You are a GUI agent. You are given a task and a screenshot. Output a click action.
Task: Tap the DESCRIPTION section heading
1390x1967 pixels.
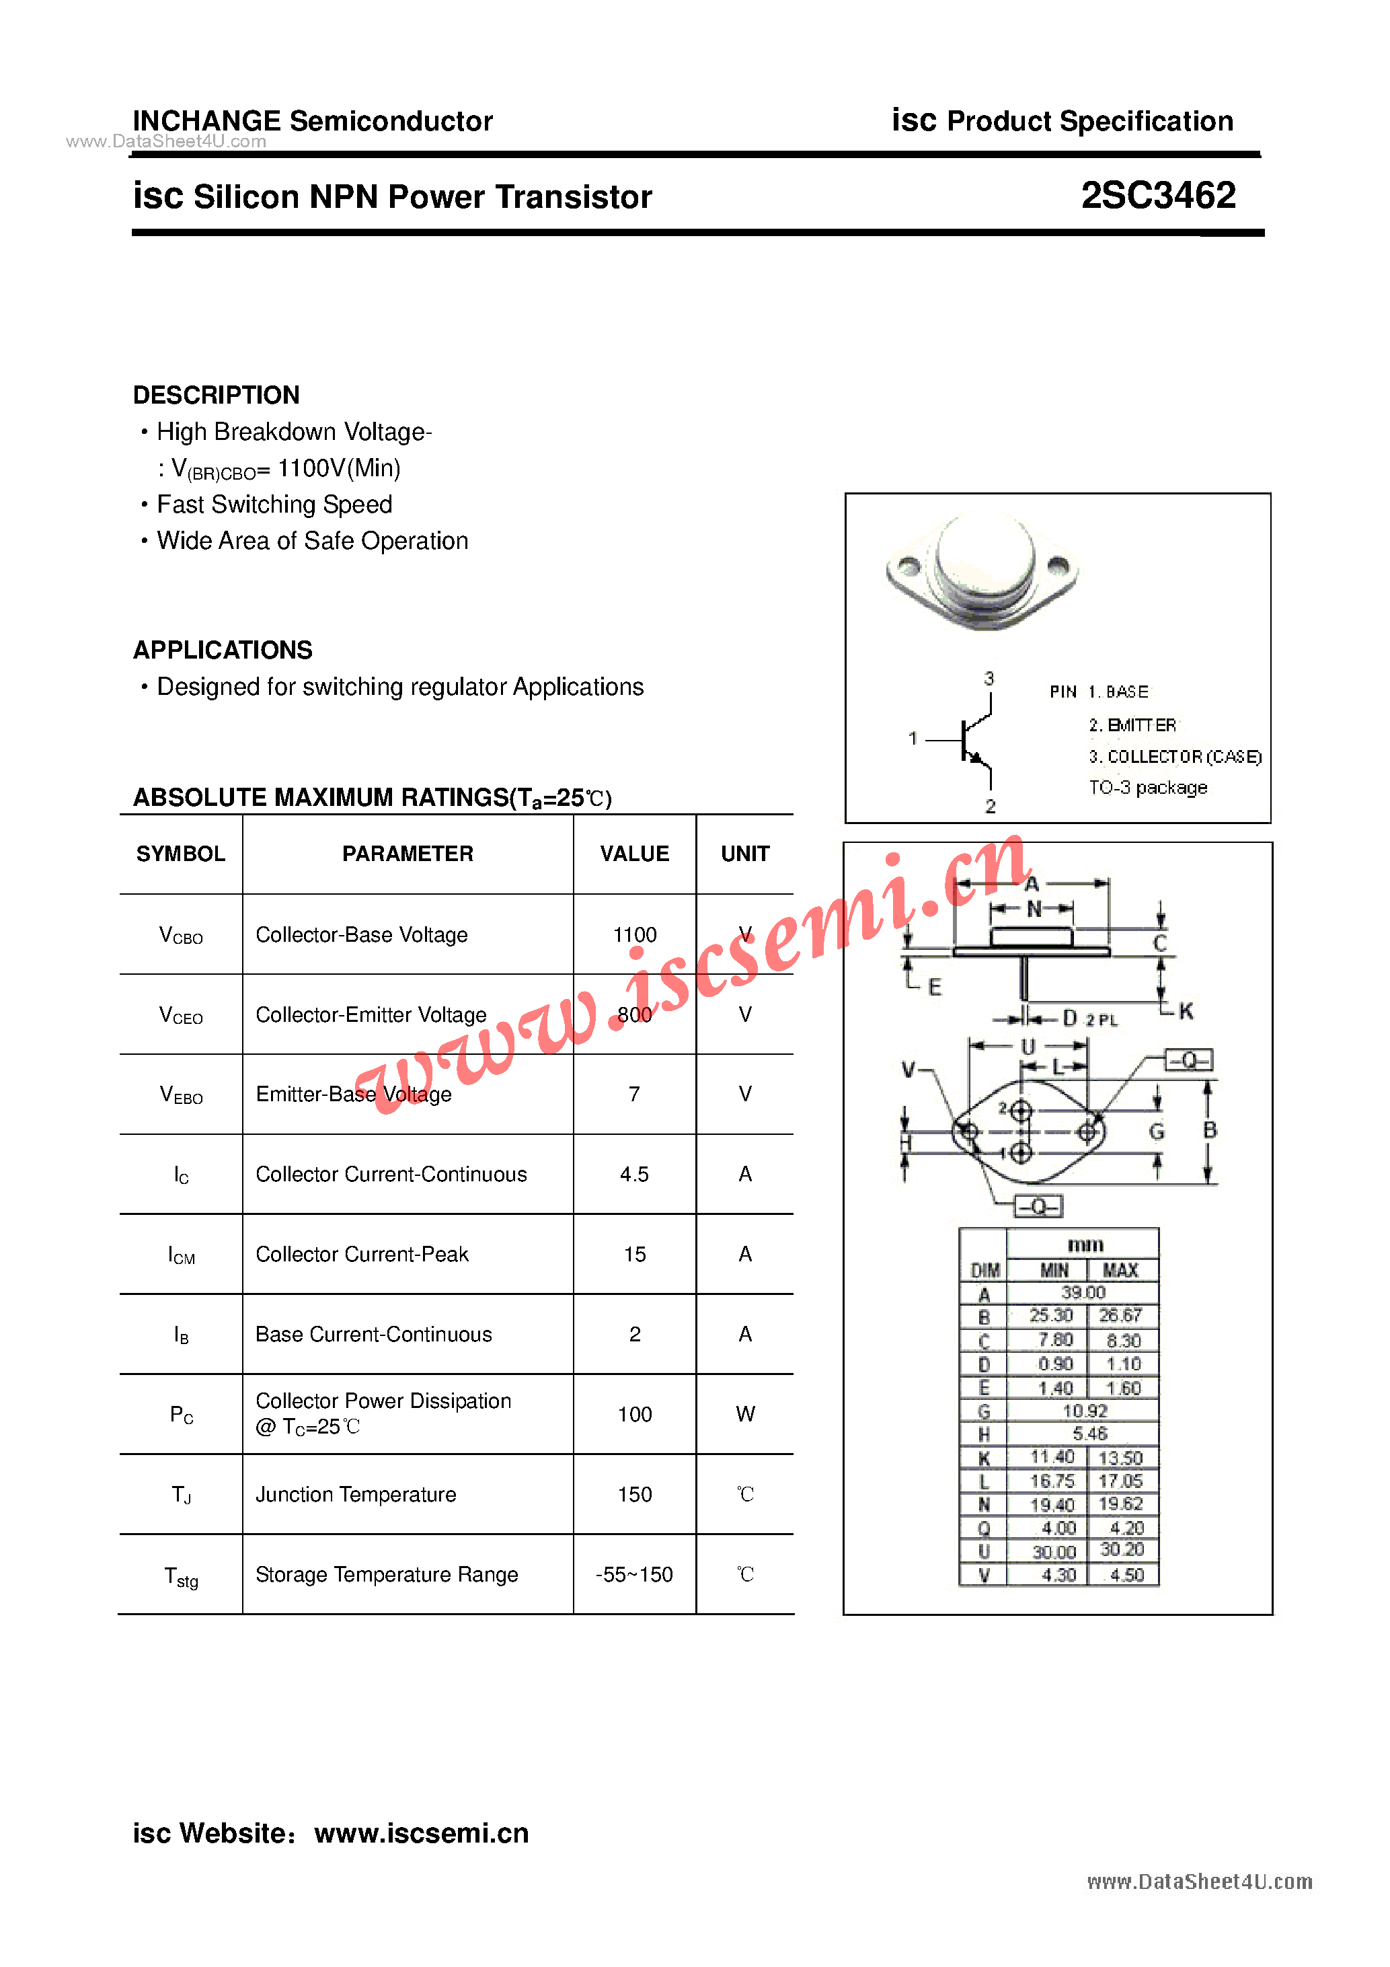216,395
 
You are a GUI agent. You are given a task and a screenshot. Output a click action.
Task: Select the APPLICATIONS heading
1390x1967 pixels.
223,651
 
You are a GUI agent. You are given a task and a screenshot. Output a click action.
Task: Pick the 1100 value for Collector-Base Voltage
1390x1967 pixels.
635,934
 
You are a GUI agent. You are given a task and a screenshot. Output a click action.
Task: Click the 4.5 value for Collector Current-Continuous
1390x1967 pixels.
635,1174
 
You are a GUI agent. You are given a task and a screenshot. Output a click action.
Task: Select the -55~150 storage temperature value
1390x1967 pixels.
635,1575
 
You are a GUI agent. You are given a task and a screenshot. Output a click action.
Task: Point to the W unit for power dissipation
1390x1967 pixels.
745,1415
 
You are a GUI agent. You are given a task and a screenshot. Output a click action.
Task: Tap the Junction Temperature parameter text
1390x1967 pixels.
356,1495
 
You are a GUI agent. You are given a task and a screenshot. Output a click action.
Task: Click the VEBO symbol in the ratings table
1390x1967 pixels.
181,1095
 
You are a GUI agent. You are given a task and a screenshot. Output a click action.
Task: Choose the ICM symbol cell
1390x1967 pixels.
181,1255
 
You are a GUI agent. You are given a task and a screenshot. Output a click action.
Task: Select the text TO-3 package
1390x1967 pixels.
1148,787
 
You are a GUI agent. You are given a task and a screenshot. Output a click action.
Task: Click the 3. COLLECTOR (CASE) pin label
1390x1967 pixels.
1175,757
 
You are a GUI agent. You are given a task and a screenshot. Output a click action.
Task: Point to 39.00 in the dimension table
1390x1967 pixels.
1083,1292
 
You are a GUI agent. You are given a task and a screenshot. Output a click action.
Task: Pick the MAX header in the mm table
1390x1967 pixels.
1120,1269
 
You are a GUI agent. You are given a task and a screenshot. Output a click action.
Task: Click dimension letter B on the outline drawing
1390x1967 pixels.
1209,1130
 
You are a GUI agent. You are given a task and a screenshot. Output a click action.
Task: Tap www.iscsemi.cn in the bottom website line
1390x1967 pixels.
422,1832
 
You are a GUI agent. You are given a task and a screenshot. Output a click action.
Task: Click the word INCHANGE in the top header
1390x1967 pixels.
206,121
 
